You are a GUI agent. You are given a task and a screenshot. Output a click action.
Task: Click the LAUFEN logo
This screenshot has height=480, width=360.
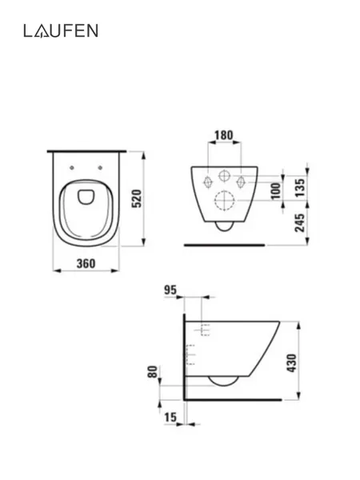[x=61, y=31]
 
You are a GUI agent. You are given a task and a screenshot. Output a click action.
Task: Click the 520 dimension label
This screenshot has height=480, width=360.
[x=137, y=198]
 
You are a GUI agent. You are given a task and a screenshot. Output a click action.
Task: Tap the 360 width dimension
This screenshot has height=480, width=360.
[x=86, y=263]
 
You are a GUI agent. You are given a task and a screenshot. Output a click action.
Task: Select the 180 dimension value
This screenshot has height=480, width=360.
[x=223, y=135]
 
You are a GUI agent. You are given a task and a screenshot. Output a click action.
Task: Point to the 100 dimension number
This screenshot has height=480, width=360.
[x=276, y=190]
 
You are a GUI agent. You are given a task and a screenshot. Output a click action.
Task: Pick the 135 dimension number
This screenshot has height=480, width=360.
[x=301, y=187]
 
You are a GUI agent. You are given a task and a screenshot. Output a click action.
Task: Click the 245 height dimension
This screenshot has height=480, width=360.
[x=301, y=222]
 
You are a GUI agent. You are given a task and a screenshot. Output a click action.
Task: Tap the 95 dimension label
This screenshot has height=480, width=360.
[x=170, y=290]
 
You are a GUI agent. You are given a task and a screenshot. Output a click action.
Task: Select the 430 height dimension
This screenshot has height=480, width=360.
[x=292, y=363]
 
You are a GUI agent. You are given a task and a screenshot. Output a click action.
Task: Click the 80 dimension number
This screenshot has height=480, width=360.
[x=153, y=372]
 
